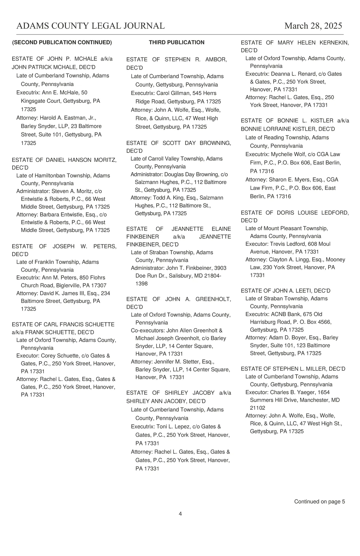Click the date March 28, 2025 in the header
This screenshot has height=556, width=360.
(313, 26)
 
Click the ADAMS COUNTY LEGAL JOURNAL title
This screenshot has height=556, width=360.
(90, 26)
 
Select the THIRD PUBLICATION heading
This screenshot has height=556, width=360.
(176, 42)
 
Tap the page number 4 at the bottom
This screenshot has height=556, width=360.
(180, 514)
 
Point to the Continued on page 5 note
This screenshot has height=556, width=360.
(319, 501)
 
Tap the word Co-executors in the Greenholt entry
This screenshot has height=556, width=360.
(147, 330)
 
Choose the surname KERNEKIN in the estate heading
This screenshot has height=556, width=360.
(334, 43)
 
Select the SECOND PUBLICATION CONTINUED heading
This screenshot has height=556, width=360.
(62, 42)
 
